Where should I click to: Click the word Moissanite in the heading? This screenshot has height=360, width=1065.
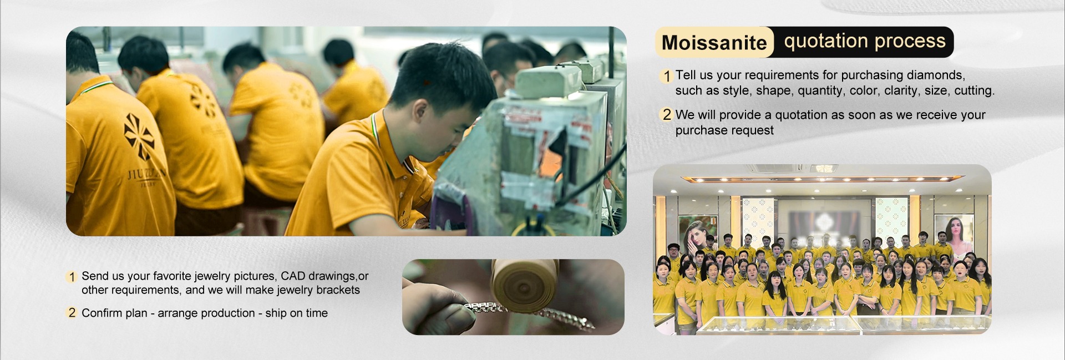click(714, 43)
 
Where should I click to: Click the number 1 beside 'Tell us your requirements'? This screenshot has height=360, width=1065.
click(667, 76)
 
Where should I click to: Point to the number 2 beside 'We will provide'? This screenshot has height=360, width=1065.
click(667, 115)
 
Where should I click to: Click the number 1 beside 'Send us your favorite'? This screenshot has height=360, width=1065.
click(72, 277)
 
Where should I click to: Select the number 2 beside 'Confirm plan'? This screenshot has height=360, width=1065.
click(72, 313)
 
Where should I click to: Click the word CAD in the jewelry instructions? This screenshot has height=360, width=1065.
click(292, 276)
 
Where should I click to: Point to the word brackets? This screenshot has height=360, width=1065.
click(338, 290)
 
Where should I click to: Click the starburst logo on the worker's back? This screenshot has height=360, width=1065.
click(139, 136)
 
